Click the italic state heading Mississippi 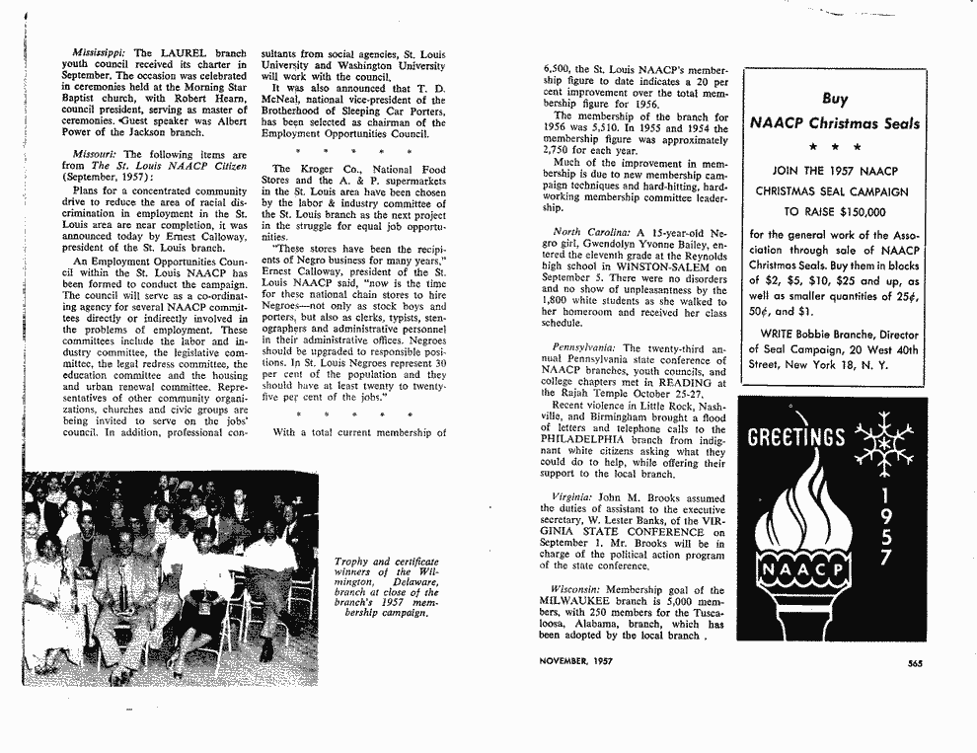tap(101, 52)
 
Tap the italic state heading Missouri tap(94, 155)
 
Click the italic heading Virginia tap(573, 499)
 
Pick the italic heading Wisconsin tap(577, 590)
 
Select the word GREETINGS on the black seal tap(796, 437)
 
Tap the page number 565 tap(915, 663)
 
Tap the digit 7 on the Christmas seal tap(886, 560)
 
